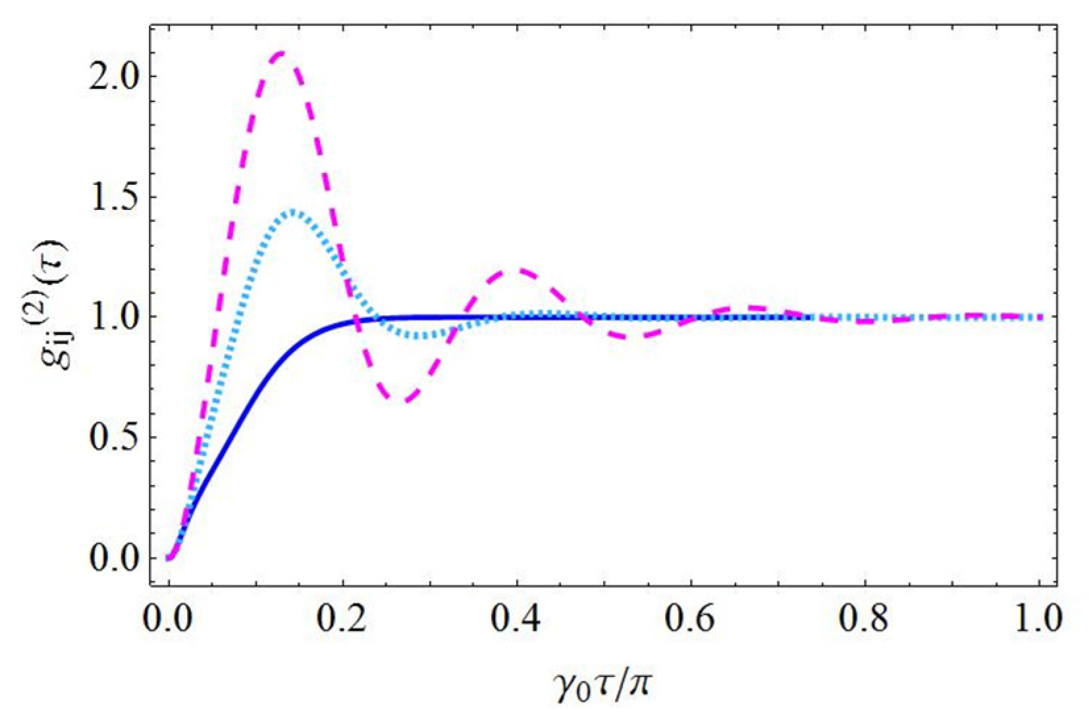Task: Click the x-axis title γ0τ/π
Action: [604, 684]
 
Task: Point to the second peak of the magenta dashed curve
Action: [518, 270]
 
